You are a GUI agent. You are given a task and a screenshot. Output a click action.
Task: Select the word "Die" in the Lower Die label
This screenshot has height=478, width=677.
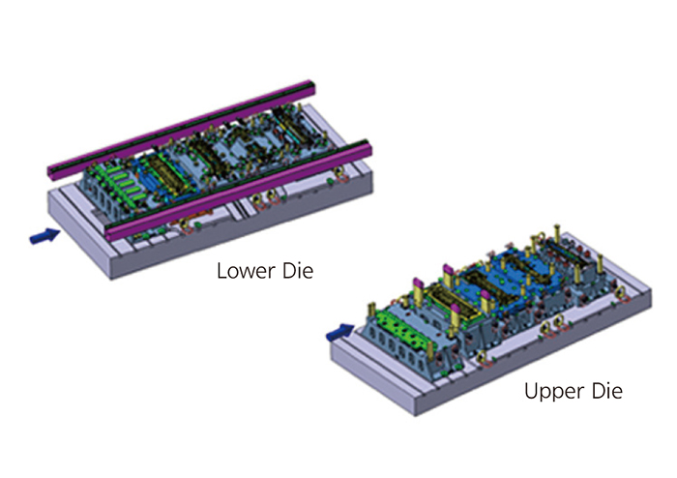(298, 271)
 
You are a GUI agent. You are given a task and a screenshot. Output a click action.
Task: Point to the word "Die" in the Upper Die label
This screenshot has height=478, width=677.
(607, 391)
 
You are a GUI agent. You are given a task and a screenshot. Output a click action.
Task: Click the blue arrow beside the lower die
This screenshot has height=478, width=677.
(44, 235)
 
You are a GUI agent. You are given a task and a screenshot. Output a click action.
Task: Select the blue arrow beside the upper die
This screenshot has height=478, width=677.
(340, 332)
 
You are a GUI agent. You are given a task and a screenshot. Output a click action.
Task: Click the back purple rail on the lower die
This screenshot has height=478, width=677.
(181, 128)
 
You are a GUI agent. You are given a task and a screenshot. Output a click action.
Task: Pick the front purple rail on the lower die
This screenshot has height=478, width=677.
(238, 191)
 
